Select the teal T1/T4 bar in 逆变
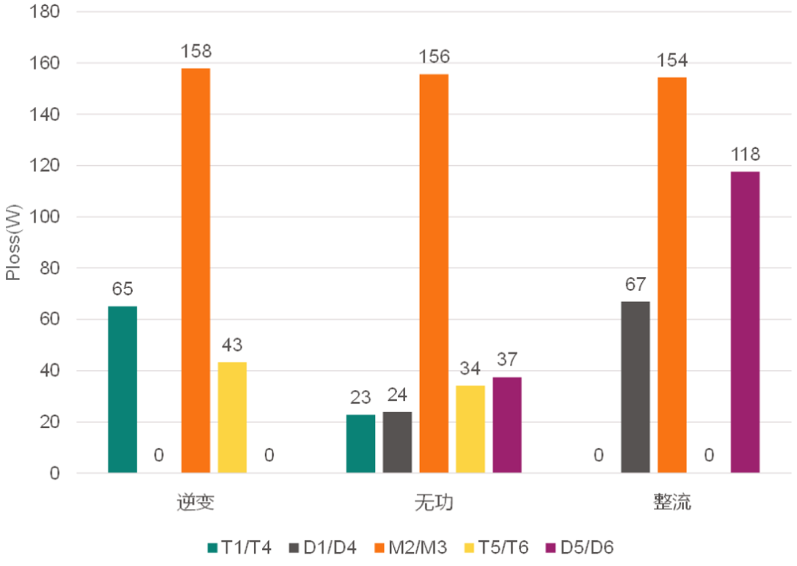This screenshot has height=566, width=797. point(123,389)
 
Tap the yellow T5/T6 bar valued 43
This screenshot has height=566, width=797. point(232,417)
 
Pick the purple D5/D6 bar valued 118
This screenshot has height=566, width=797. point(745,322)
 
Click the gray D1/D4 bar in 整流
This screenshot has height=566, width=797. point(635,387)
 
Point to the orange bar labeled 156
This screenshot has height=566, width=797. point(434,273)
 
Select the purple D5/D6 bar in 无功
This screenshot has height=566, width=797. point(507,424)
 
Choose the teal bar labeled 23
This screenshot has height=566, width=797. point(361,443)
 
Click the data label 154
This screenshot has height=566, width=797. point(672,60)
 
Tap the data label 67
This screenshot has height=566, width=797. point(635,284)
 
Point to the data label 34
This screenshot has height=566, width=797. point(470,368)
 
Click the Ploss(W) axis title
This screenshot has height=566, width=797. point(13,243)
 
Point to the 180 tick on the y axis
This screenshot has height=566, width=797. point(46,13)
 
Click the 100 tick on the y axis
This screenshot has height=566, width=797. point(46,217)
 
